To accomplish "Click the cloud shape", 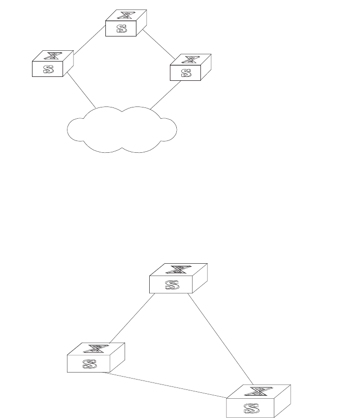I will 121,129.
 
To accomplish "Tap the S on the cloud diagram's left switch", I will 48,69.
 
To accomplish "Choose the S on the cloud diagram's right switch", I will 186,73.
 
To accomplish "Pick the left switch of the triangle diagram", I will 96,357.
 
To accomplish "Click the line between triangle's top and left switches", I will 132,318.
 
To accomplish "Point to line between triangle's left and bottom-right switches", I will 165,385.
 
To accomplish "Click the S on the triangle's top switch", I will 171,285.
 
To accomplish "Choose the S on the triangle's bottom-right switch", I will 250,408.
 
